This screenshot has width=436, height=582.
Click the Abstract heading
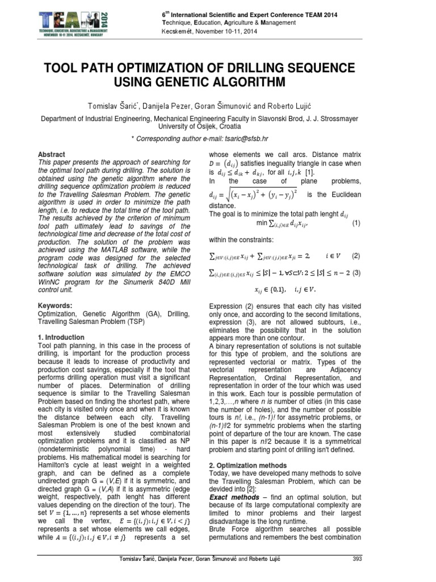pyautogui.click(x=51, y=155)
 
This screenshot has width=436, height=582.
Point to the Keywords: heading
pyautogui.click(x=55, y=305)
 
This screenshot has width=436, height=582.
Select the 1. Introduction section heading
pyautogui.click(x=61, y=337)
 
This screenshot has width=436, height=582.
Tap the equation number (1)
pyautogui.click(x=356, y=223)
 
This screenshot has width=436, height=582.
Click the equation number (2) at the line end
pyautogui.click(x=356, y=256)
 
